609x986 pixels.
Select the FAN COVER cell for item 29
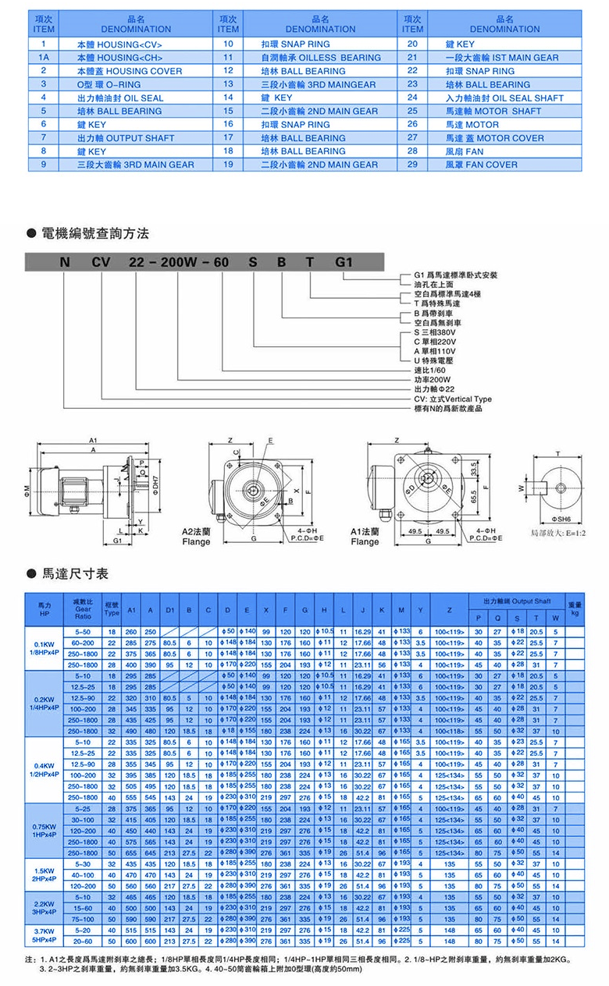(481, 165)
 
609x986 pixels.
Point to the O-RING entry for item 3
(107, 84)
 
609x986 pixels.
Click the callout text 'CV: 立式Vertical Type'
(453, 399)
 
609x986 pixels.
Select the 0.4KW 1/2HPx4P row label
(48, 768)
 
